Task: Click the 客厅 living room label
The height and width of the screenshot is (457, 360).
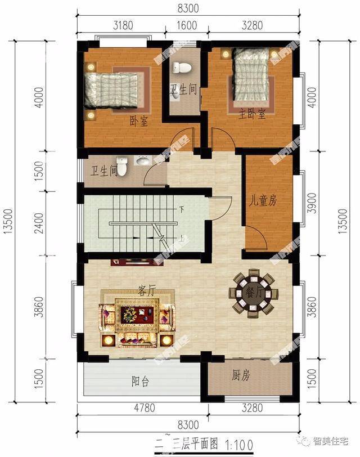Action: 146,291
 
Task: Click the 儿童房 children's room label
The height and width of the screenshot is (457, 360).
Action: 263,200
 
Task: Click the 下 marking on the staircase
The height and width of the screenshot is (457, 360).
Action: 182,209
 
